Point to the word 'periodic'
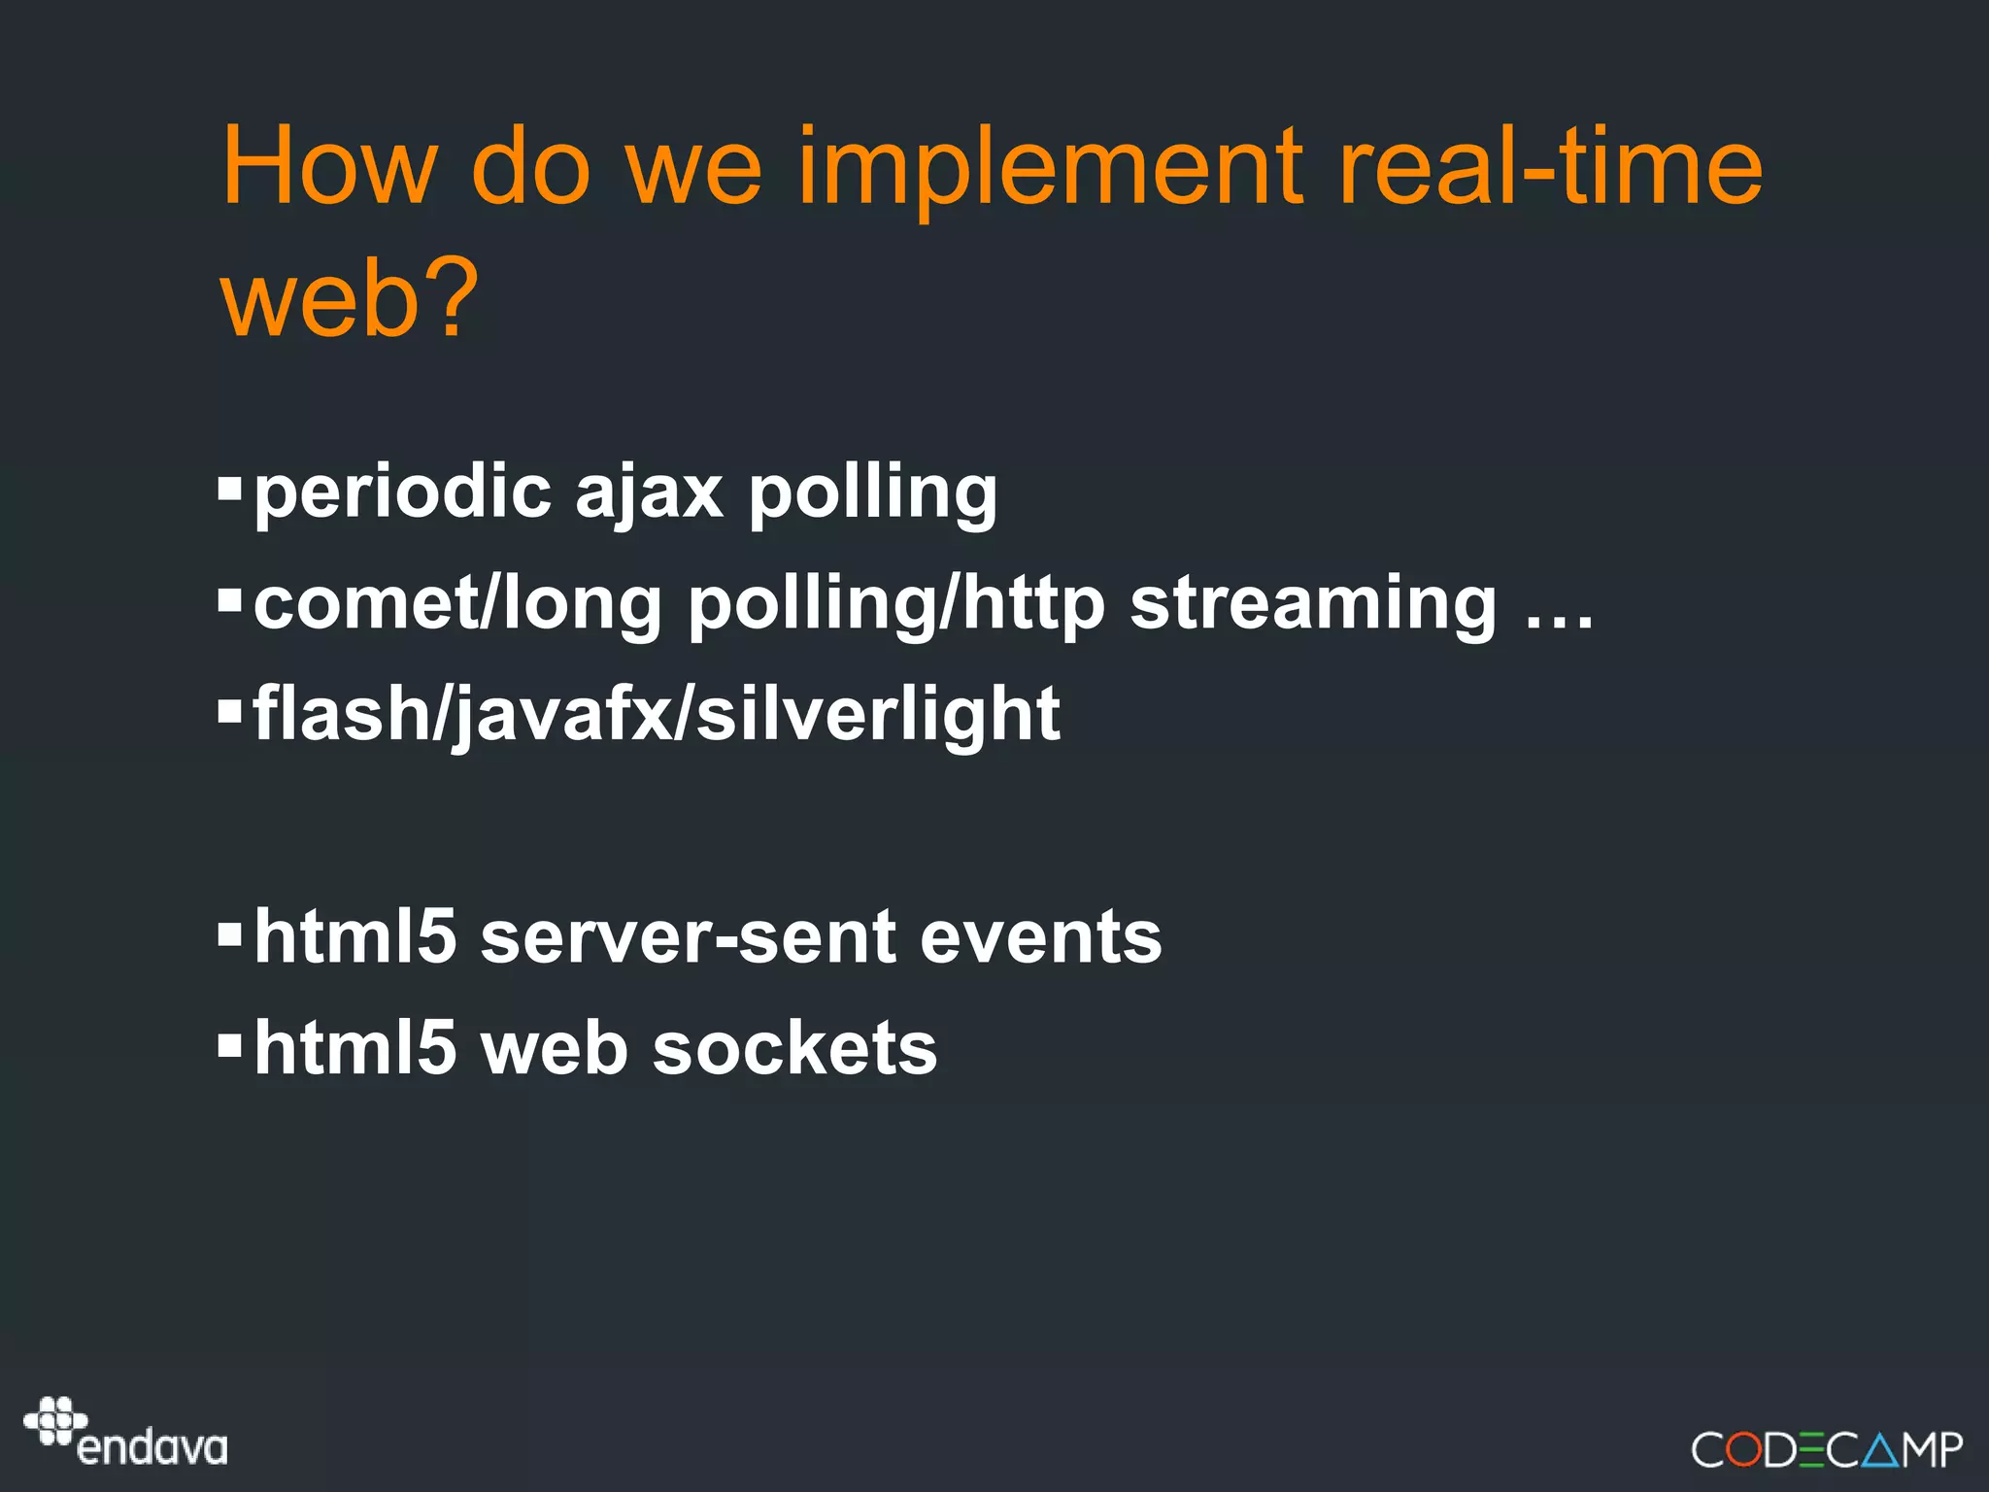(x=402, y=493)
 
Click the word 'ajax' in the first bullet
(x=649, y=493)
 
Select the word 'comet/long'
(x=457, y=604)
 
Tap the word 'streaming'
(x=1313, y=604)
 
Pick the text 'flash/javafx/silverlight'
(x=657, y=714)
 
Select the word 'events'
(x=1040, y=937)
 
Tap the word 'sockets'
(x=794, y=1049)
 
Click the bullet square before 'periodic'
(x=229, y=486)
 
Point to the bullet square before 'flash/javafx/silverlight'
(x=229, y=711)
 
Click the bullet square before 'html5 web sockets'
(x=229, y=1045)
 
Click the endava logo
(x=126, y=1432)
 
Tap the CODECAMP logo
(x=1827, y=1449)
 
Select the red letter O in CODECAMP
(x=1744, y=1450)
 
